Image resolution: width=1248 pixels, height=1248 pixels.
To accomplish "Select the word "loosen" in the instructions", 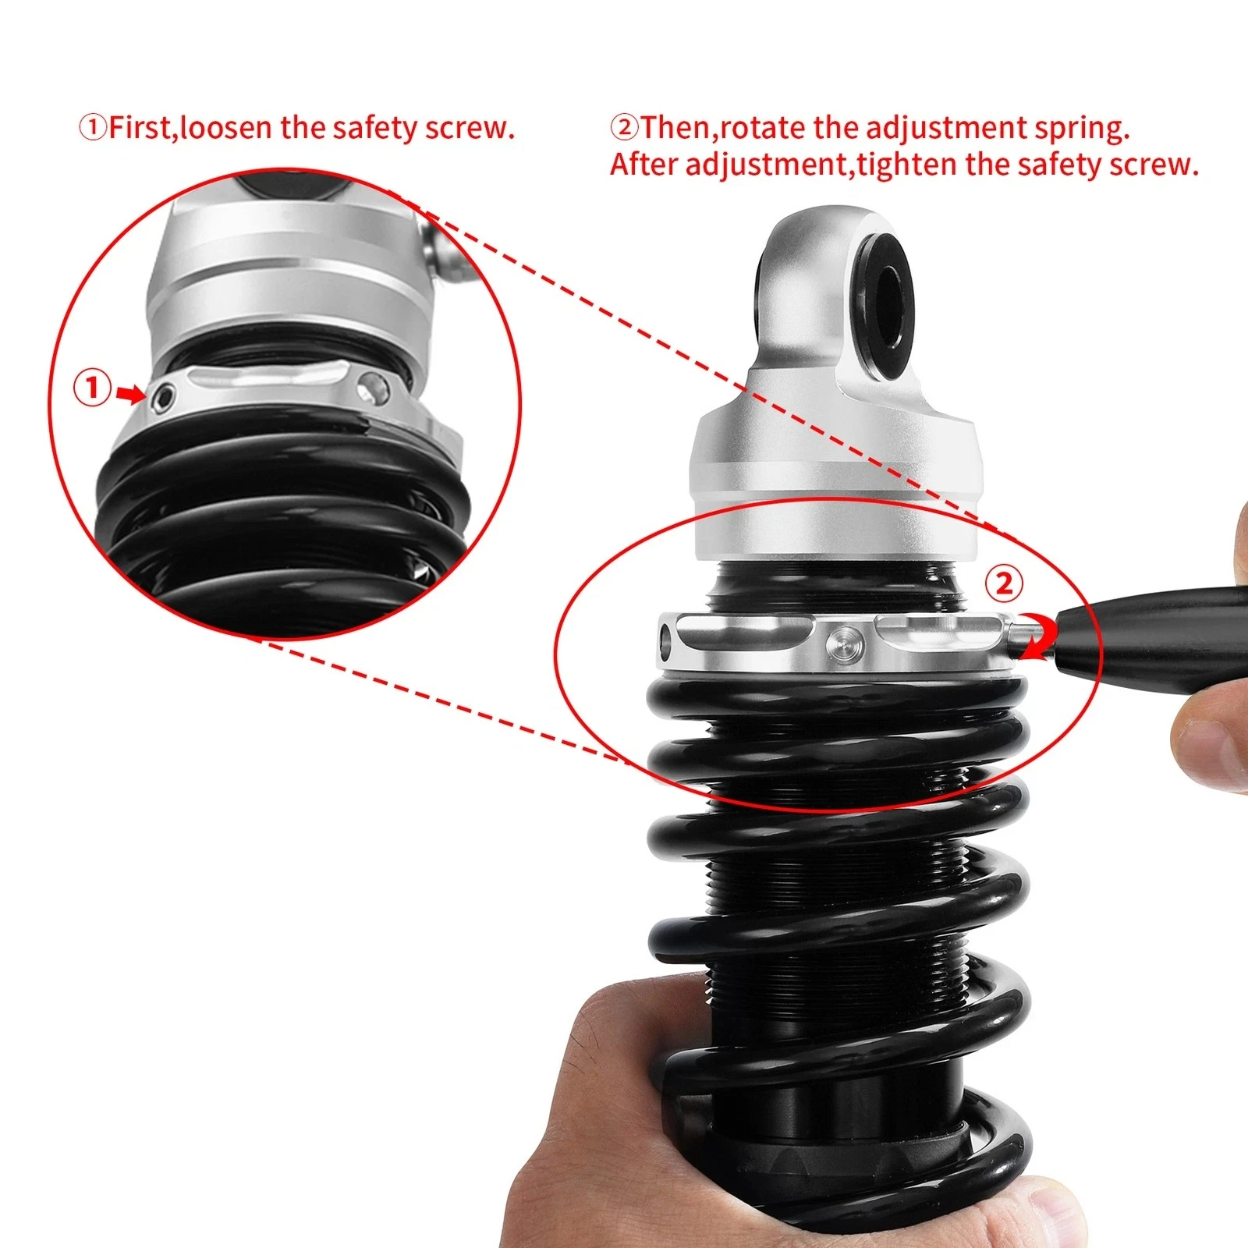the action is tap(226, 128).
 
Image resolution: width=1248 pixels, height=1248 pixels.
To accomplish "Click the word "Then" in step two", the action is tap(675, 128).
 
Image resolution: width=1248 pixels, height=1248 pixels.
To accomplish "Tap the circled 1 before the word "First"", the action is tap(93, 128).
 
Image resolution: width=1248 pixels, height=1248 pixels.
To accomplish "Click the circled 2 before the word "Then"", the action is tap(624, 128).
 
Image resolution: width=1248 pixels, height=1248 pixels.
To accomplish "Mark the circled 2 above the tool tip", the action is tap(1004, 583).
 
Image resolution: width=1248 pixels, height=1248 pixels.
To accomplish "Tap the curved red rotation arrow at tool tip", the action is tap(1041, 637).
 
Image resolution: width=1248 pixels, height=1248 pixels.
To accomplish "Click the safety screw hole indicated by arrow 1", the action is tap(164, 398).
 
